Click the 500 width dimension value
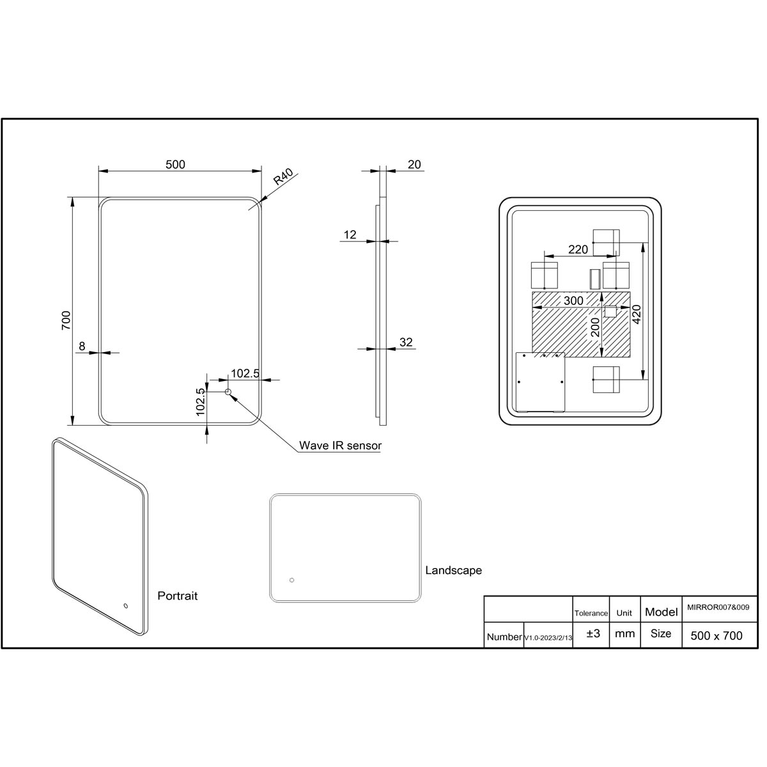pyautogui.click(x=176, y=164)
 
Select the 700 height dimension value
pyautogui.click(x=66, y=320)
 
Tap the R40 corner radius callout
pyautogui.click(x=283, y=176)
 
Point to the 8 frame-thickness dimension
pyautogui.click(x=82, y=346)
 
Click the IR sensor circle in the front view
pyautogui.click(x=228, y=392)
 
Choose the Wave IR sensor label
pyautogui.click(x=340, y=445)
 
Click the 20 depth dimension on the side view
pyautogui.click(x=414, y=164)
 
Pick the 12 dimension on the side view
pyautogui.click(x=350, y=235)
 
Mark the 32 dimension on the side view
pyautogui.click(x=406, y=342)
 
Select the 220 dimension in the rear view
pyautogui.click(x=578, y=249)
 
